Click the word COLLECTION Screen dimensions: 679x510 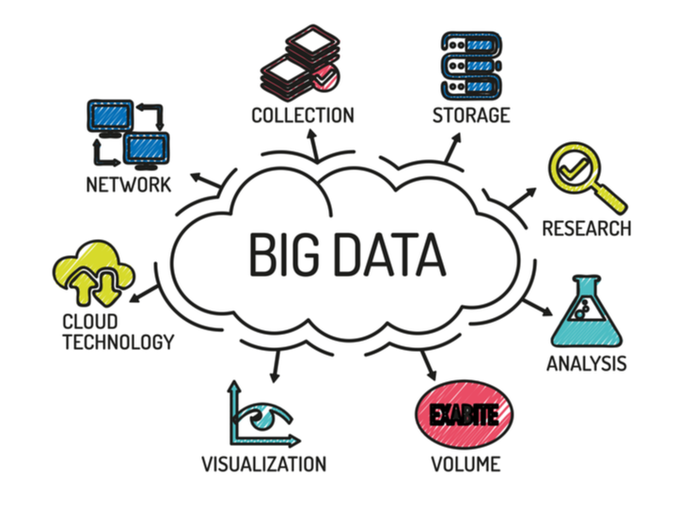[x=303, y=116]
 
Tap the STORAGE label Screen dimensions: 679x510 [x=471, y=115]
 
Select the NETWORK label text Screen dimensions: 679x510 [x=129, y=185]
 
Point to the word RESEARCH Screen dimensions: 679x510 [x=587, y=229]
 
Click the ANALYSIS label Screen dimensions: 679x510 [x=586, y=363]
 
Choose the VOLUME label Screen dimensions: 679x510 [x=466, y=464]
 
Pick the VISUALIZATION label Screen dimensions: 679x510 [x=263, y=464]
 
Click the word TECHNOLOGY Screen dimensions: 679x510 [x=118, y=342]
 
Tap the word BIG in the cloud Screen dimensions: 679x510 [x=284, y=254]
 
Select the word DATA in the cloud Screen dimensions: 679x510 [x=389, y=254]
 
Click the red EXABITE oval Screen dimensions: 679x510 [x=465, y=414]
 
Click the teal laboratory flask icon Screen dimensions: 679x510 [x=586, y=311]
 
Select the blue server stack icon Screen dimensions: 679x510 [x=471, y=66]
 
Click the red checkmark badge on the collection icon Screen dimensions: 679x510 [x=326, y=77]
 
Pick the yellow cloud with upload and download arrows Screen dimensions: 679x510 [x=93, y=272]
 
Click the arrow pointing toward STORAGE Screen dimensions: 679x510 [x=453, y=148]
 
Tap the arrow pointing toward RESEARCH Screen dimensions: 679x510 [x=522, y=198]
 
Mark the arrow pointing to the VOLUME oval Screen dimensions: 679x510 [x=429, y=366]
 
